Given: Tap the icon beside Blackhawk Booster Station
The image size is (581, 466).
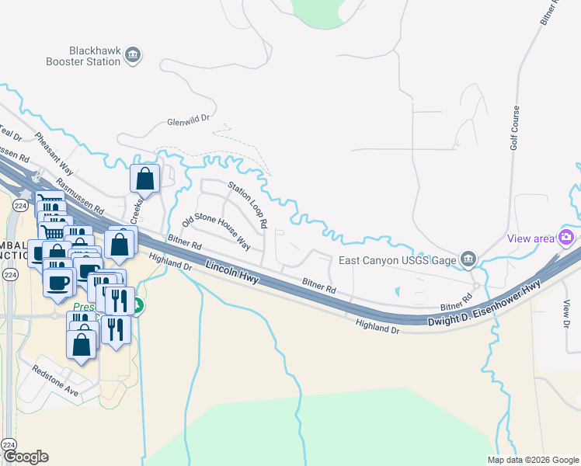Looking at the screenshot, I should (133, 54).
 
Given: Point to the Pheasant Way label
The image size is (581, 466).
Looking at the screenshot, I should (54, 153).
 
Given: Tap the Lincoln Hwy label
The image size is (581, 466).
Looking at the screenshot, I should (232, 277).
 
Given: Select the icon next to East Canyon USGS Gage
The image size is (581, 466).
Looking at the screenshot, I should (468, 259).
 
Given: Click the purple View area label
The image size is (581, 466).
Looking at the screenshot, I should (531, 238).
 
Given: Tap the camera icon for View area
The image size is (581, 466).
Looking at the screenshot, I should (567, 237).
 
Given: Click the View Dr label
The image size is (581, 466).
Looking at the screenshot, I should (566, 314).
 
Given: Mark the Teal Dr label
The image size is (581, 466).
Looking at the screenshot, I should (10, 132).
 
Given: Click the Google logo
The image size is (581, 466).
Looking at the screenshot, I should (26, 457).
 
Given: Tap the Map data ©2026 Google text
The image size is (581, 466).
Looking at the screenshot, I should (533, 460).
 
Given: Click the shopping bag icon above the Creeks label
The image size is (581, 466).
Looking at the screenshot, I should (145, 179).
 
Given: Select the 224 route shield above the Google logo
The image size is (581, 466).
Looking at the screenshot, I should (9, 443).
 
